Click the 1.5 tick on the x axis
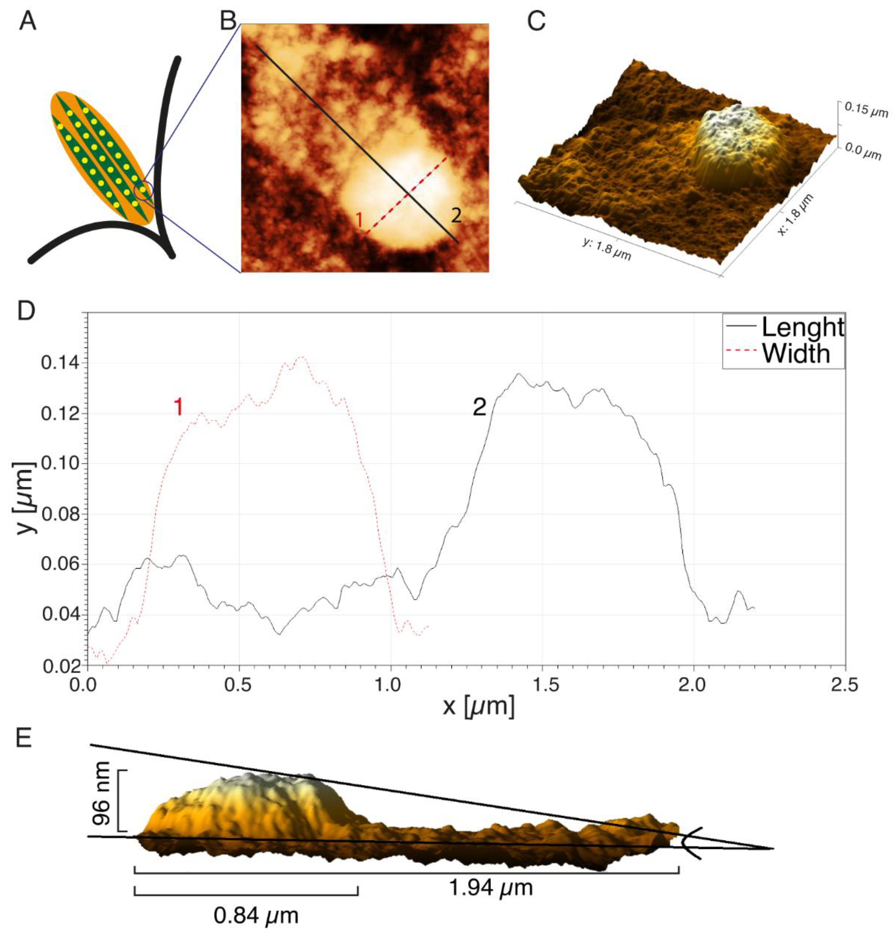click(543, 686)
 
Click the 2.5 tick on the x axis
click(845, 686)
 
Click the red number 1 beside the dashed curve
click(178, 408)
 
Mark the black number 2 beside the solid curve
click(480, 408)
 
